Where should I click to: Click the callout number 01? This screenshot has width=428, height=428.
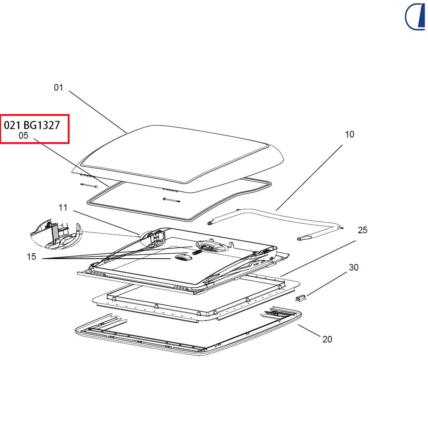[x=59, y=87]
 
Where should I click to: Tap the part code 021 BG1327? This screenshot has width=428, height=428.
[x=32, y=125]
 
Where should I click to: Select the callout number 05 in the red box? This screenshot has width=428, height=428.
[x=23, y=135]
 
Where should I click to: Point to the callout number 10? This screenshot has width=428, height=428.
[x=350, y=134]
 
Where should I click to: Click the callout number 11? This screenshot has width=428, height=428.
[x=63, y=207]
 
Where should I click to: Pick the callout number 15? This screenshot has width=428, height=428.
[x=31, y=257]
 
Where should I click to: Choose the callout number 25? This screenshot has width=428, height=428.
[x=362, y=230]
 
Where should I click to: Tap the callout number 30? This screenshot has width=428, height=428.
[x=354, y=267]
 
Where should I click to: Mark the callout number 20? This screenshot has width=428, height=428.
[x=327, y=339]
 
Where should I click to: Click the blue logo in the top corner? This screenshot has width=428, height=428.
[x=415, y=16]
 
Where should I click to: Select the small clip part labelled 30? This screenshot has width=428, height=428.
[x=301, y=298]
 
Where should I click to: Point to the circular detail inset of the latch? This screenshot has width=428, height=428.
[x=56, y=234]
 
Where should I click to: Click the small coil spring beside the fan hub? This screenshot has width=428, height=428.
[x=197, y=252]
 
